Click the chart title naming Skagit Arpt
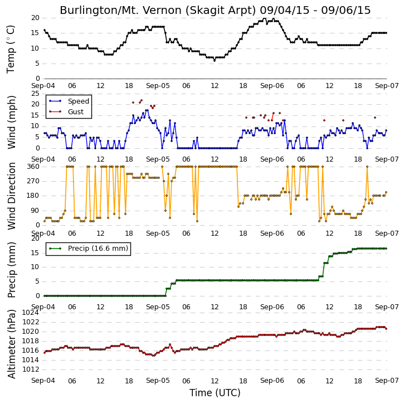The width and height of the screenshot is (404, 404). [215, 10]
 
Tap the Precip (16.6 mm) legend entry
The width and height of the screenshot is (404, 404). [89, 249]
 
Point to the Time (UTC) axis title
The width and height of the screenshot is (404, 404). [215, 393]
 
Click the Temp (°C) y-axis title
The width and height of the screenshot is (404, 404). [11, 49]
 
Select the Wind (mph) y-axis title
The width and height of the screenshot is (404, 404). [11, 122]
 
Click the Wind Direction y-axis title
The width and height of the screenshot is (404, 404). [11, 196]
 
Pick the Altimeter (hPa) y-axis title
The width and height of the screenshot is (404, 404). [11, 344]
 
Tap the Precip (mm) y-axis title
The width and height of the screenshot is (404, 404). [11, 270]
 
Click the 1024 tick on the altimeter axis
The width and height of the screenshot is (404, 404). [30, 313]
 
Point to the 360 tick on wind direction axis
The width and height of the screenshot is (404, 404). [33, 167]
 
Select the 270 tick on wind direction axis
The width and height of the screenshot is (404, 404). [33, 181]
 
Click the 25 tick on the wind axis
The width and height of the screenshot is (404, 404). [35, 94]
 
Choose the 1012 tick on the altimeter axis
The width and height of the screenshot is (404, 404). [30, 369]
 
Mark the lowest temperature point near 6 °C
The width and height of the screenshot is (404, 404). [215, 61]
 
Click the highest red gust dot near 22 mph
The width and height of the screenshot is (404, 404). [142, 100]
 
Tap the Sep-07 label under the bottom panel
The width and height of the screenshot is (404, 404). [387, 381]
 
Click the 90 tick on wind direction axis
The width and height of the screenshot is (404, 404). [35, 211]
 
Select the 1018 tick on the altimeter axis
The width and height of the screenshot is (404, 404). [30, 341]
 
